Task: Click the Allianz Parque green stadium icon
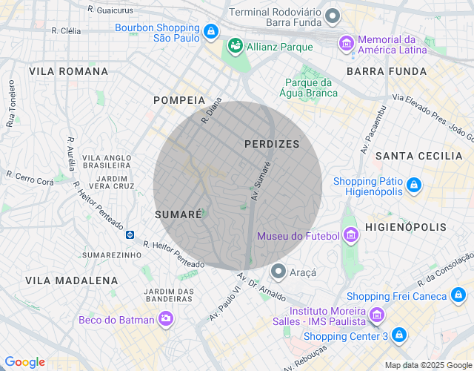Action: tap(236, 46)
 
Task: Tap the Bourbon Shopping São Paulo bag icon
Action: tap(212, 31)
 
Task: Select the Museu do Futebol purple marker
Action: tap(350, 236)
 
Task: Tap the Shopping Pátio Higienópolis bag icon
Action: tap(413, 185)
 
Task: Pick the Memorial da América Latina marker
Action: tap(345, 44)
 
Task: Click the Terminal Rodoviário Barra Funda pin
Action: tap(333, 16)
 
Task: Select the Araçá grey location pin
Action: tap(278, 272)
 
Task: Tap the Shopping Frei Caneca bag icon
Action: tap(459, 296)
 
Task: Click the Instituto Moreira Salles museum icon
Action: tap(376, 316)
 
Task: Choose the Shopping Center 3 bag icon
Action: tap(399, 335)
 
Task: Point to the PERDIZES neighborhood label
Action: tap(272, 144)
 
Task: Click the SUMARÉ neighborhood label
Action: tap(178, 214)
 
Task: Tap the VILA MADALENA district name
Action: tap(71, 280)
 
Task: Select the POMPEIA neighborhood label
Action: tap(178, 99)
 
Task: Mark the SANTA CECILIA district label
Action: tap(418, 156)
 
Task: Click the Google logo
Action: tap(24, 362)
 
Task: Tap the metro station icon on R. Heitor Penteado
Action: tap(130, 234)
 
